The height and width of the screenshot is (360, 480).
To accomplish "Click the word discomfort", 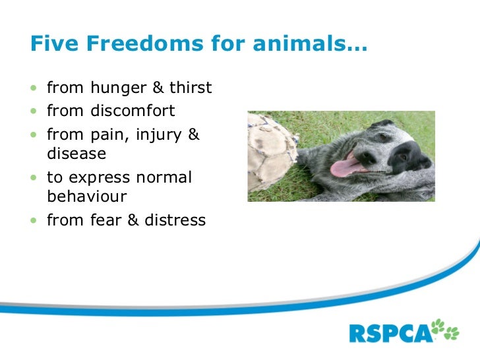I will coord(133,111).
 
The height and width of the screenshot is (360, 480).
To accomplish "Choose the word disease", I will coord(76,154).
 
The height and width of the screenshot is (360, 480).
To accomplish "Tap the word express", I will coord(102,179).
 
